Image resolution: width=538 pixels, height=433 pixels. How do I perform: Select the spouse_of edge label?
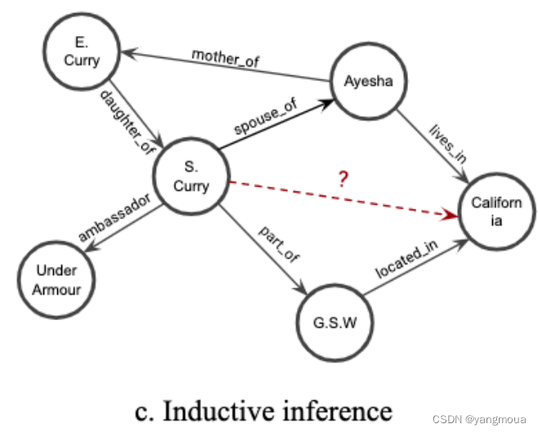[x=267, y=117]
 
